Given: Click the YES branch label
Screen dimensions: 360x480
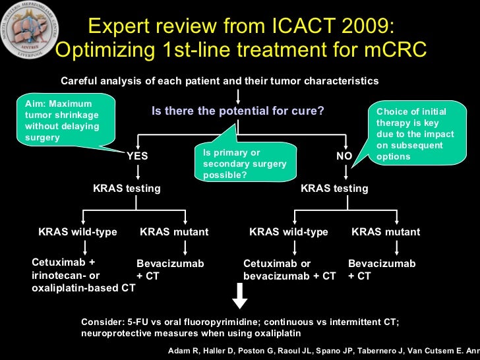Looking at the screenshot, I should point(137,156).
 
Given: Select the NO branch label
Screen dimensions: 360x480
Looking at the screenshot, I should point(344,156).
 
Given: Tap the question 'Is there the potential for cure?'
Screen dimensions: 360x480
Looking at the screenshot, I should point(237,111).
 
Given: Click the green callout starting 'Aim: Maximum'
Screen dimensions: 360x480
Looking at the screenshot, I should point(65,121).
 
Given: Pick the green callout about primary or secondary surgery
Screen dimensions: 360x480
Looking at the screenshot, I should point(245,164).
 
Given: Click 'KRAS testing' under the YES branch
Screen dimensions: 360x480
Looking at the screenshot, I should point(127,189).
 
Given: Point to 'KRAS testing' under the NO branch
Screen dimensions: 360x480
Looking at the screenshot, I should point(334,189).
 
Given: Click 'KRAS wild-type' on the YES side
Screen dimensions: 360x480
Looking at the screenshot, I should point(78,232).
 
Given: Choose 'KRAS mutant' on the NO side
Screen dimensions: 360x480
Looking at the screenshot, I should point(386,232).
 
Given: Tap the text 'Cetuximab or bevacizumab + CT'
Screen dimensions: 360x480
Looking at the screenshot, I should point(289,270).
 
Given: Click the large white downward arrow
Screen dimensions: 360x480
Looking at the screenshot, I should point(240,296).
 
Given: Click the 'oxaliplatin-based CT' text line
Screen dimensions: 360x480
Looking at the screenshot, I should point(84,287).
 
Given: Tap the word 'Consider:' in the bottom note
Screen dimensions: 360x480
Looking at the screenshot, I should point(102,322).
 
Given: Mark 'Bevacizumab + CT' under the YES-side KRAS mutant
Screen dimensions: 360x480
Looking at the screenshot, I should point(170,270).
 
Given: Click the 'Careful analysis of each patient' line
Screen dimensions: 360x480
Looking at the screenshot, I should point(220,81).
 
